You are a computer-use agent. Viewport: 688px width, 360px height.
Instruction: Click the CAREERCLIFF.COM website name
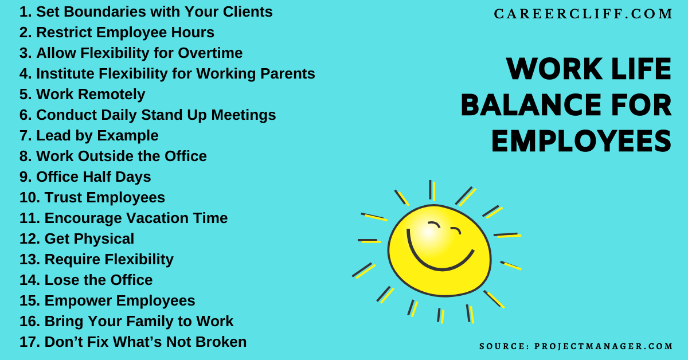coord(583,14)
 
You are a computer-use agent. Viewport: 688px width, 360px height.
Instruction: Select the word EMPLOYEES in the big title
coord(581,141)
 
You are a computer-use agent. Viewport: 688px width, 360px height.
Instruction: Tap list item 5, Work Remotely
coord(82,94)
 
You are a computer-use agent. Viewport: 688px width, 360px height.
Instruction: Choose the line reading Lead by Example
coord(89,135)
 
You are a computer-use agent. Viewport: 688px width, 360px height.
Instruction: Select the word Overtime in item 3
coord(210,53)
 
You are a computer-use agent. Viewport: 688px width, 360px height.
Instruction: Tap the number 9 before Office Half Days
coord(25,177)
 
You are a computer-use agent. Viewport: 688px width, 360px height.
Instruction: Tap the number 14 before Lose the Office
coord(29,280)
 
